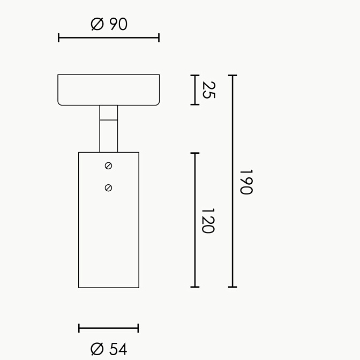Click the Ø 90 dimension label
coord(109,24)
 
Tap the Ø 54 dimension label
coord(109,349)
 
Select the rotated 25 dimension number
coord(208,90)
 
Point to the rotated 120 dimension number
coord(208,221)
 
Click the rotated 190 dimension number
coord(246,182)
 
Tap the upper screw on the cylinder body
coord(108,166)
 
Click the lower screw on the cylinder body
coord(108,188)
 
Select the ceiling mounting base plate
coord(109,90)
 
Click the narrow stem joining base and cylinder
coord(109,129)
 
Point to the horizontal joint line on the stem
coord(109,119)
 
